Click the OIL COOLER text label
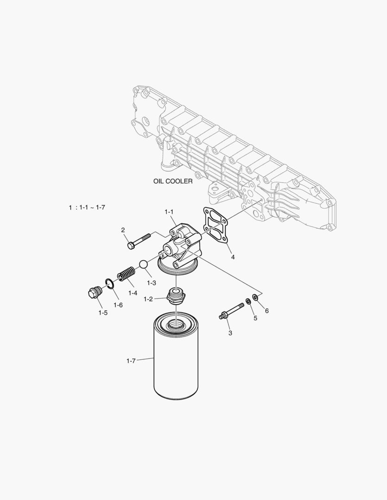(x=173, y=181)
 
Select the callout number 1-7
(x=131, y=361)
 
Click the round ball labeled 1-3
(x=143, y=264)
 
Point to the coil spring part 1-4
(x=127, y=274)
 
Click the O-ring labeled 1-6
(x=109, y=283)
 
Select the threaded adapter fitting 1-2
(x=176, y=296)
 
